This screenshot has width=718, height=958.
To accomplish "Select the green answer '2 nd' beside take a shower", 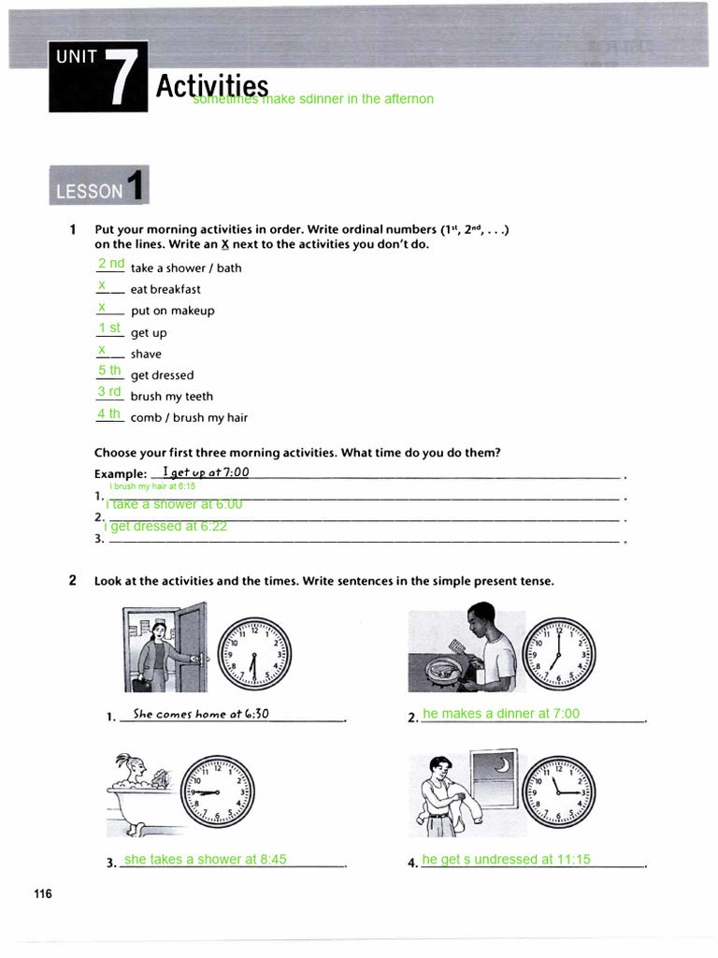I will [110, 264].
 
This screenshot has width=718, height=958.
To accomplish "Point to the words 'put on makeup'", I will [172, 311].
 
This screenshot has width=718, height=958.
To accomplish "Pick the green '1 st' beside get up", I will [109, 328].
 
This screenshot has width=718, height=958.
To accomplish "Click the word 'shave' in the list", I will [146, 354].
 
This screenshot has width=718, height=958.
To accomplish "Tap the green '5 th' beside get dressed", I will [109, 370].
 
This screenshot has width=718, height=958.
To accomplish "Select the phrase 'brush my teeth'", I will [171, 397].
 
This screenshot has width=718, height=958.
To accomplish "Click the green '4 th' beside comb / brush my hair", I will [108, 414].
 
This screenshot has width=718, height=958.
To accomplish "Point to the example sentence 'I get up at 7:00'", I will [206, 472].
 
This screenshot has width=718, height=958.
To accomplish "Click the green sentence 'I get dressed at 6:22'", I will [165, 527].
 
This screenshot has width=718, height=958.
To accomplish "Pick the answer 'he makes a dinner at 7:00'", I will [501, 714].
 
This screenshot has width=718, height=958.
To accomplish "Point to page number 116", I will [43, 894].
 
